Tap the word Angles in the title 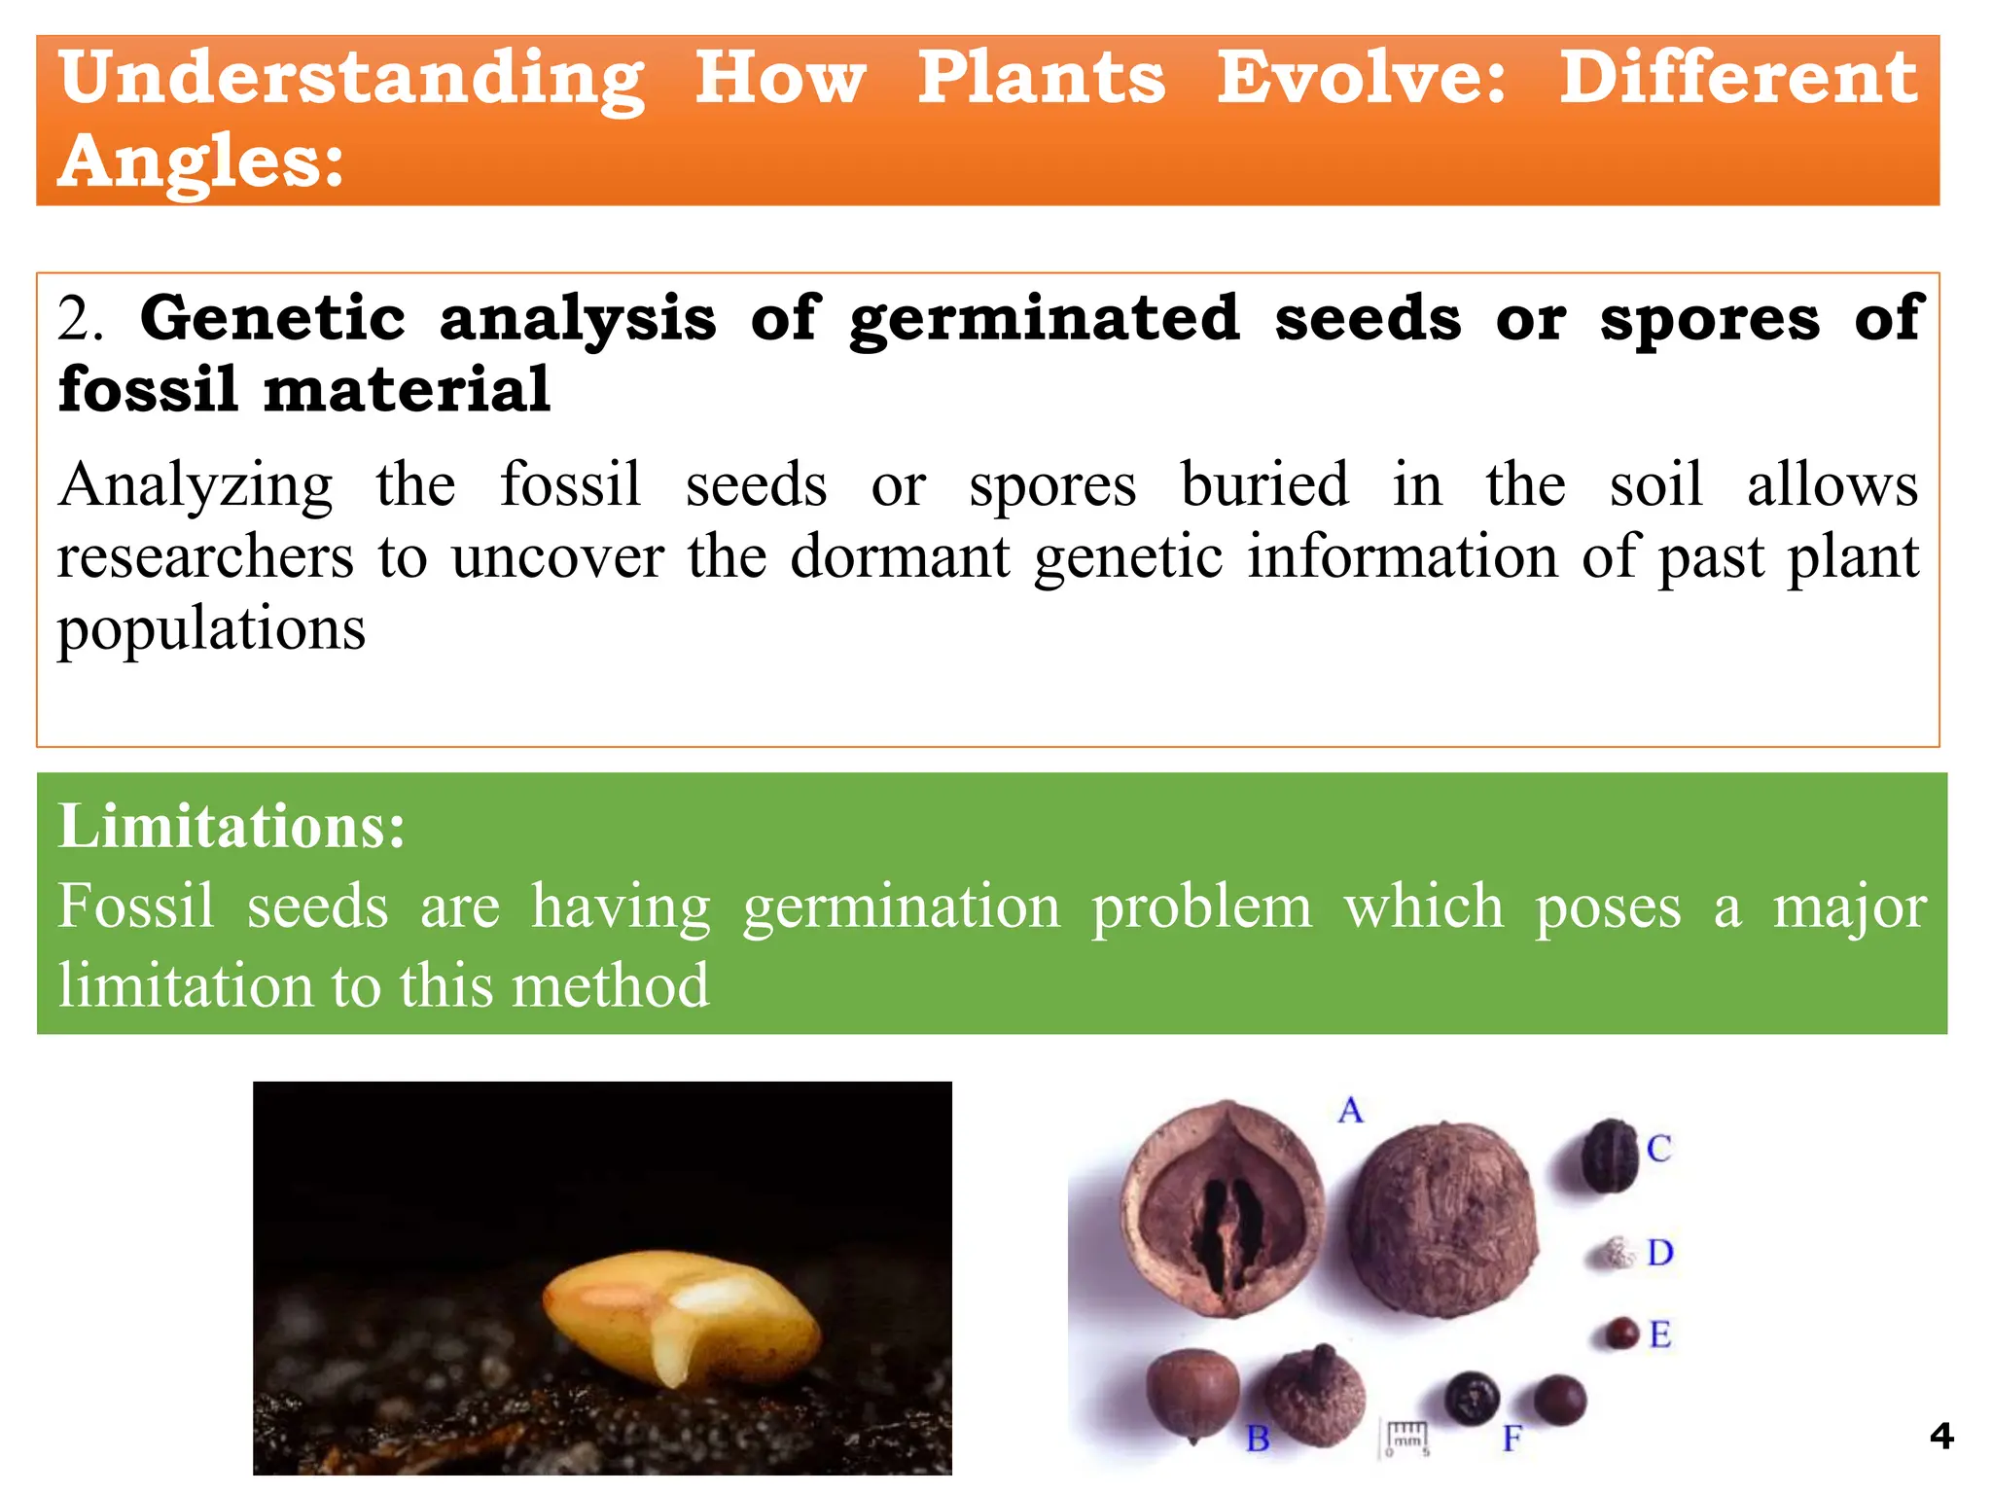click(200, 161)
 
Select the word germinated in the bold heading click(1044, 319)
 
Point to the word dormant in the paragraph click(900, 557)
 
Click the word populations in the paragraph click(211, 628)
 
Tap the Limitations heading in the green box click(231, 827)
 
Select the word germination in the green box click(901, 907)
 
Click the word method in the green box click(610, 985)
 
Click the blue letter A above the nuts click(1350, 1110)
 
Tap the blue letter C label click(1658, 1149)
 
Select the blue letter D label click(1659, 1253)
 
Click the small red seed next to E click(1620, 1333)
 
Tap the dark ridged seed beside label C click(1610, 1156)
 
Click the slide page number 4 click(1941, 1436)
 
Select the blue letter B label click(1258, 1438)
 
